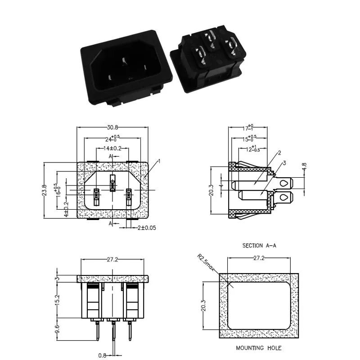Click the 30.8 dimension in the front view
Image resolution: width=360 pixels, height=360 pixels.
coord(112,128)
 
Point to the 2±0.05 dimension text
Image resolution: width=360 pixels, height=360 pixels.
coord(147,228)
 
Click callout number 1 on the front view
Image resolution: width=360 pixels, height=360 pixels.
coord(159,160)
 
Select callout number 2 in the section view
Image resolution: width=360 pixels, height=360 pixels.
coord(279,153)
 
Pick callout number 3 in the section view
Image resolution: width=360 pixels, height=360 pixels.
coord(284,163)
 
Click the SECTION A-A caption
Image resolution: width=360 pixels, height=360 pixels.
coord(261,246)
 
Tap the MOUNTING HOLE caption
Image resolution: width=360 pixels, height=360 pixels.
coord(259,348)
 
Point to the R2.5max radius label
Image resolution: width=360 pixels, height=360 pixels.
coord(207,264)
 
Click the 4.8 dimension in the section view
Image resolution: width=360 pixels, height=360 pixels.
coord(305,167)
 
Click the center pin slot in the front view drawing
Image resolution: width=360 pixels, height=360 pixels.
coord(112,183)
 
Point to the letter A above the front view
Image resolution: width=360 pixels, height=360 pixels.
coord(110,156)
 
